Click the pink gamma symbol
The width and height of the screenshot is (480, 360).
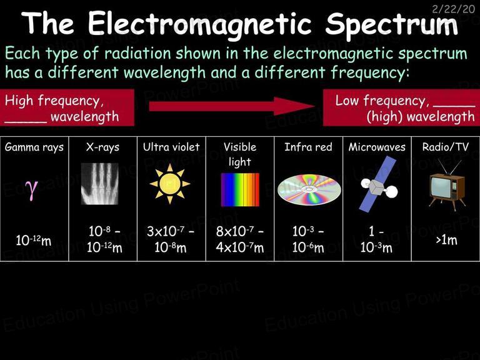pos(31,190)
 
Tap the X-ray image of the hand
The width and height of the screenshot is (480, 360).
pos(99,184)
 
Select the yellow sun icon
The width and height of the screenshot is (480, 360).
pos(170,184)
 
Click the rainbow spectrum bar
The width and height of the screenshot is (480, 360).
pos(240,189)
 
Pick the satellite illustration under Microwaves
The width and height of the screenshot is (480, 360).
pos(379,184)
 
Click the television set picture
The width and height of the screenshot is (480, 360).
pos(447,185)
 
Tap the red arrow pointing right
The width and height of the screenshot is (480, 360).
pos(232,106)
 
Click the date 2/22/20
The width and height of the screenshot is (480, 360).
pos(453,9)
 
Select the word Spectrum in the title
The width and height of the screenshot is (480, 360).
pos(391,24)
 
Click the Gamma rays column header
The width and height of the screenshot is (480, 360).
pos(34,147)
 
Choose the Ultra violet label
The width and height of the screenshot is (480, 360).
pos(171,147)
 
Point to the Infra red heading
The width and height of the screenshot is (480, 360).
pos(308,147)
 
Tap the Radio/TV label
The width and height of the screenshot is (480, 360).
pos(446,147)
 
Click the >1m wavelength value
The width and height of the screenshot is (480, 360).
pos(447,240)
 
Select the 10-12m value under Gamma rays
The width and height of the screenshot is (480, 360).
pos(34,240)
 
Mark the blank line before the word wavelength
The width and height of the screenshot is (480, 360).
pos(26,122)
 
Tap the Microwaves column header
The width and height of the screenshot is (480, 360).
pos(377,147)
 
